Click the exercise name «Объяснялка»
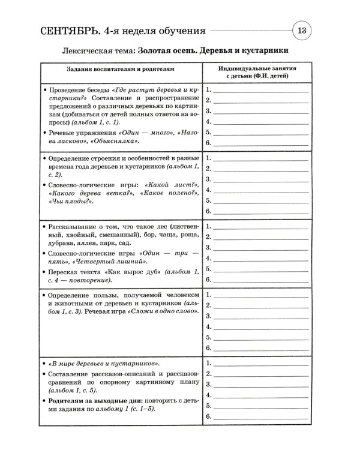[116, 141]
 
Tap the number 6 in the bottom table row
[208, 416]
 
